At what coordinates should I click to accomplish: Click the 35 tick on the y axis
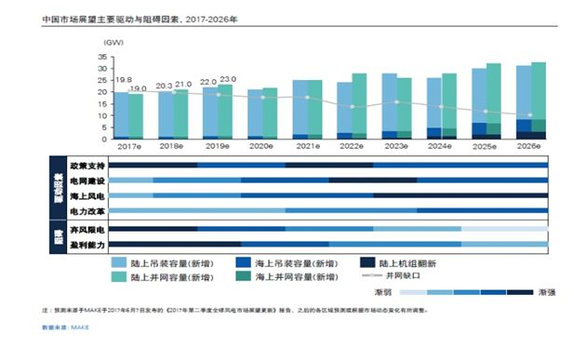coord(102,58)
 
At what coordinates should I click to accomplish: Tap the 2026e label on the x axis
coord(530,147)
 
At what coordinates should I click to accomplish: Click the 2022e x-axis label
coord(352,147)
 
